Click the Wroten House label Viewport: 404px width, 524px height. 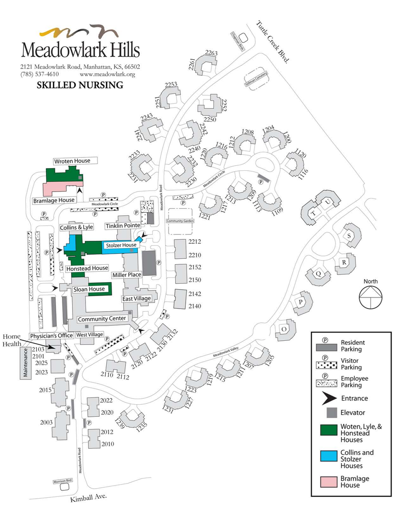click(x=72, y=161)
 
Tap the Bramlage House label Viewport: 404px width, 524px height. click(x=53, y=200)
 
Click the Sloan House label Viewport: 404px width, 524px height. click(x=89, y=289)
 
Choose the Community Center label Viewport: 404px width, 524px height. click(x=102, y=319)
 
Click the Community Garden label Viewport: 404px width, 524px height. click(x=181, y=221)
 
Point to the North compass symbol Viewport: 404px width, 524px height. click(x=370, y=297)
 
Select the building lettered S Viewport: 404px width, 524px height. click(x=349, y=236)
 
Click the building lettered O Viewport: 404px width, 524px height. click(x=284, y=329)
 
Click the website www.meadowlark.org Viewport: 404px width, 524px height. click(x=107, y=74)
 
